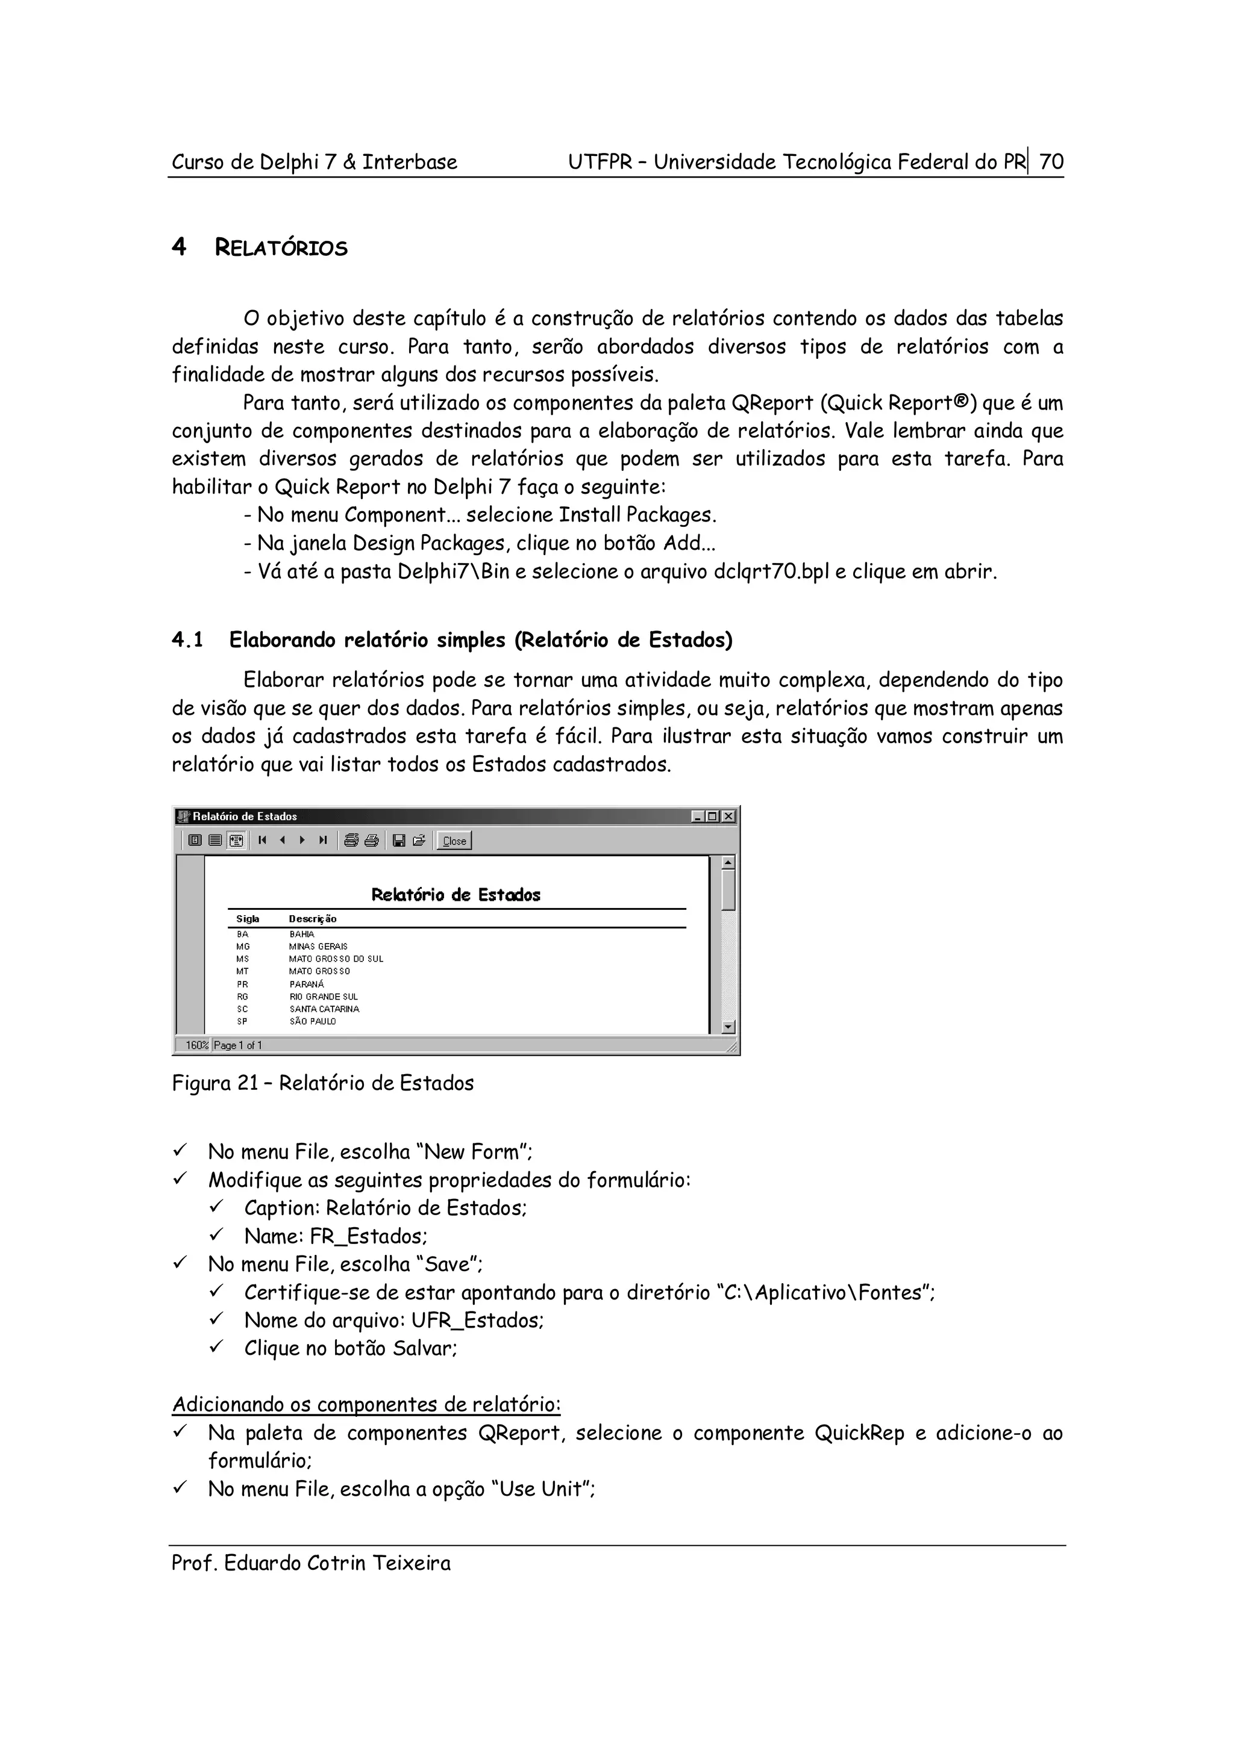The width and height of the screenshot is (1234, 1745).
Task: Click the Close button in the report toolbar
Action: pos(454,841)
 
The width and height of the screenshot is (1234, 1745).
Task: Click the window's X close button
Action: pos(728,817)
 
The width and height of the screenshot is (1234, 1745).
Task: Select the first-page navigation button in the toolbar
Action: pos(262,841)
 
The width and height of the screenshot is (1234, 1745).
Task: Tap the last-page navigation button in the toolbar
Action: pos(323,841)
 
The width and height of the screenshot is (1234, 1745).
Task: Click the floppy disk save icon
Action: pos(398,841)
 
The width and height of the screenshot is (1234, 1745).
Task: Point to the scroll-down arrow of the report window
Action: pos(728,1027)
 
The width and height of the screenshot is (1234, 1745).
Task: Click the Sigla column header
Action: pos(247,919)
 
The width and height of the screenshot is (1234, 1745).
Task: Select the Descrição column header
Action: pos(313,919)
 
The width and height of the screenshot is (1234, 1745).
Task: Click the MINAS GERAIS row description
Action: pos(318,946)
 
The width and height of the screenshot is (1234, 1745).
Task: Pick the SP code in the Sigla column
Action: pos(242,1021)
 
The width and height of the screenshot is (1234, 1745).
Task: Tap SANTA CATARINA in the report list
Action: pos(324,1009)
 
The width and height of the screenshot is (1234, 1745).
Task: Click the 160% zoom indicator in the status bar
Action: pos(196,1045)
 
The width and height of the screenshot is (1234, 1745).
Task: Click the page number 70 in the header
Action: pos(1051,162)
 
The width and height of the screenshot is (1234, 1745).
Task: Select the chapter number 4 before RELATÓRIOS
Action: pos(179,247)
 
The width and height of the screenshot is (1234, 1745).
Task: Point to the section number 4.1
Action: pos(187,640)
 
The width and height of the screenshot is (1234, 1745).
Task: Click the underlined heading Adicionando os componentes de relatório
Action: pos(366,1405)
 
